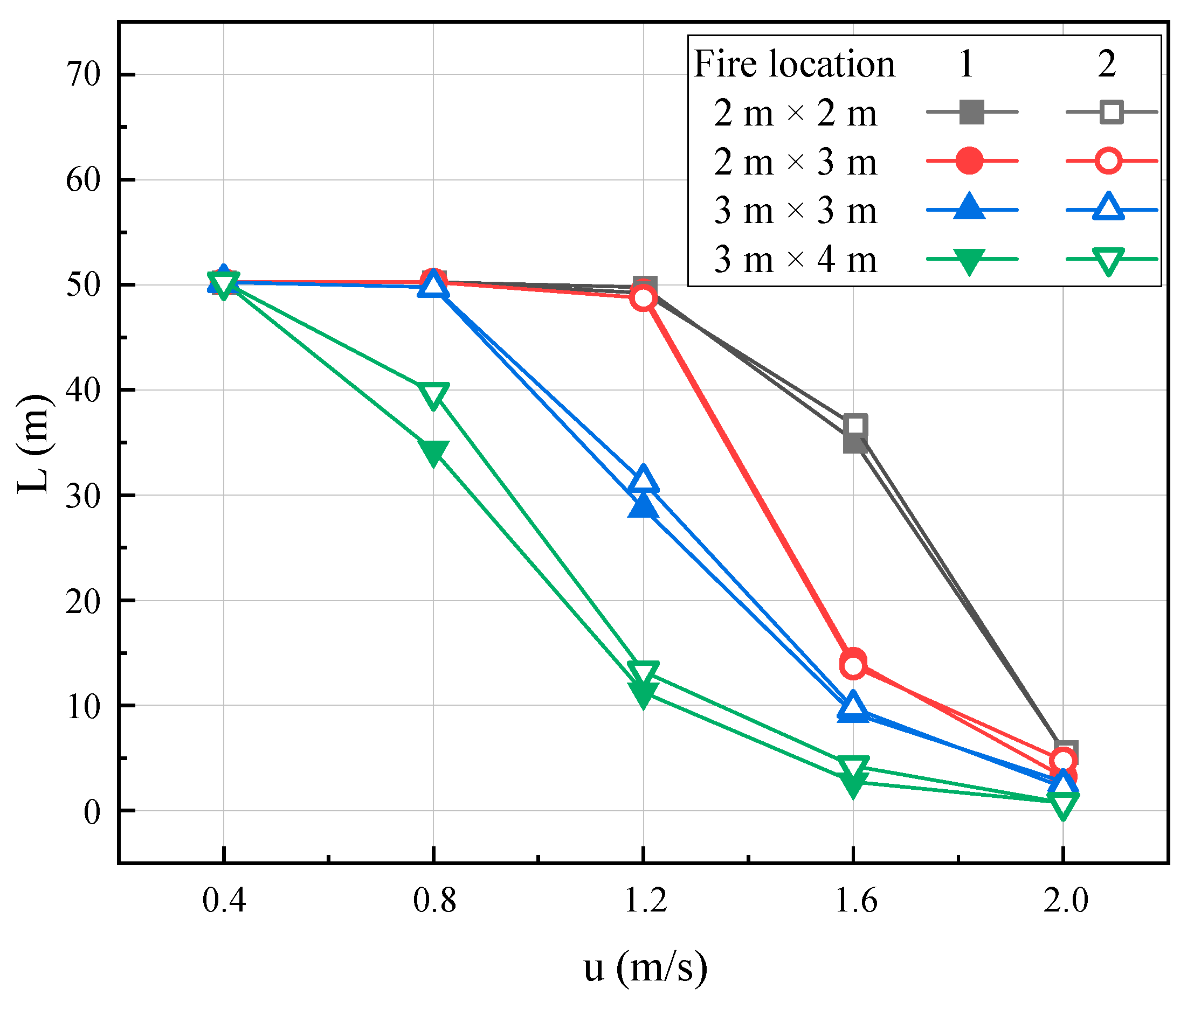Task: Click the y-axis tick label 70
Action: tap(84, 74)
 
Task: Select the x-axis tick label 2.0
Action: tap(1065, 901)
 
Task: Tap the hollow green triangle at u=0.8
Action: tap(434, 395)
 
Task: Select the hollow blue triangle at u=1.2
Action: tap(644, 479)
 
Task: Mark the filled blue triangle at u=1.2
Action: tap(644, 506)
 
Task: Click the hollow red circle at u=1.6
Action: tap(854, 666)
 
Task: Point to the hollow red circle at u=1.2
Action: tap(644, 298)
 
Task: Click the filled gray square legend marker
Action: tap(972, 112)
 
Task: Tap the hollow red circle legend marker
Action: tap(1109, 161)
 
